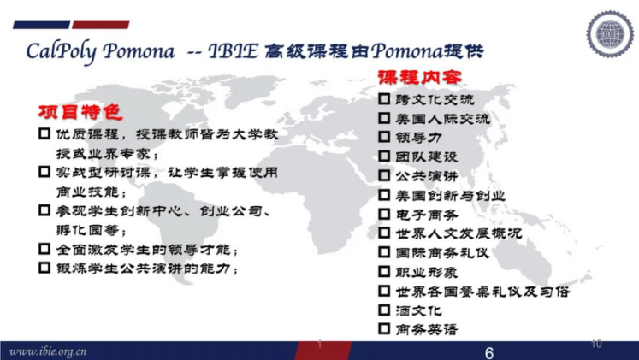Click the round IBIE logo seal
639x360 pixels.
tap(610, 34)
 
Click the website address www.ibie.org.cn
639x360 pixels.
tap(48, 351)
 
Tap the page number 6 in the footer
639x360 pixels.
tap(489, 352)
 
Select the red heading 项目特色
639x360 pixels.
tap(80, 112)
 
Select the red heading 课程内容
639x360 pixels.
tap(420, 77)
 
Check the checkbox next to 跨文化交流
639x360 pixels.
tap(384, 98)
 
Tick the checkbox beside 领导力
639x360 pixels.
tap(384, 137)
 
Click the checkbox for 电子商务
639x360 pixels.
tap(384, 214)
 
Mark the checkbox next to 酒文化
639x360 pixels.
tap(384, 310)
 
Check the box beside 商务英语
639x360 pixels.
tap(384, 328)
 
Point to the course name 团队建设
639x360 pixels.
tap(427, 156)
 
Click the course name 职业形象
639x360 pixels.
tap(427, 272)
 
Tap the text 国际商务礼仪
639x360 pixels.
tap(442, 253)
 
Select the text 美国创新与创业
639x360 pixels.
tap(450, 196)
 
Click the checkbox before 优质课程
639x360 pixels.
tap(44, 133)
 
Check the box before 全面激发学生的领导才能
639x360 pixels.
tap(44, 249)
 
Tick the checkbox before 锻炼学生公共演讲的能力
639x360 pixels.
tap(44, 268)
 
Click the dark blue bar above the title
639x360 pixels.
tap(42, 25)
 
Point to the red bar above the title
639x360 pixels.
tap(101, 25)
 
